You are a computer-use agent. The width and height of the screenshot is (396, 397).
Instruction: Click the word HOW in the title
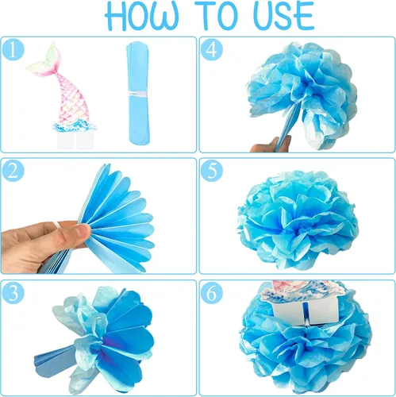141,17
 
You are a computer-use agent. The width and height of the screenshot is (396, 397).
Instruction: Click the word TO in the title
225,16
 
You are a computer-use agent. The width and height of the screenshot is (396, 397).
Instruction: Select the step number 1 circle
13,50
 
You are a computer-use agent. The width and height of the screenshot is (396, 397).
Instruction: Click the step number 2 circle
13,171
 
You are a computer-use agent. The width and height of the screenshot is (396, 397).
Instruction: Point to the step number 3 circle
13,293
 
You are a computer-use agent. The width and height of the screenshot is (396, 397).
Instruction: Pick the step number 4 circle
212,50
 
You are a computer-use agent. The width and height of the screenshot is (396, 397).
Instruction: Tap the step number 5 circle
212,171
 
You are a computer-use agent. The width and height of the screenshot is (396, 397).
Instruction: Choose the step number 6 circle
212,293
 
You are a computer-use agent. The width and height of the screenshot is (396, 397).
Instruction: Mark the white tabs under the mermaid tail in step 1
75,140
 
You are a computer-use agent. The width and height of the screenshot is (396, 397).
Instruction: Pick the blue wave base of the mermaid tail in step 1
75,126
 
